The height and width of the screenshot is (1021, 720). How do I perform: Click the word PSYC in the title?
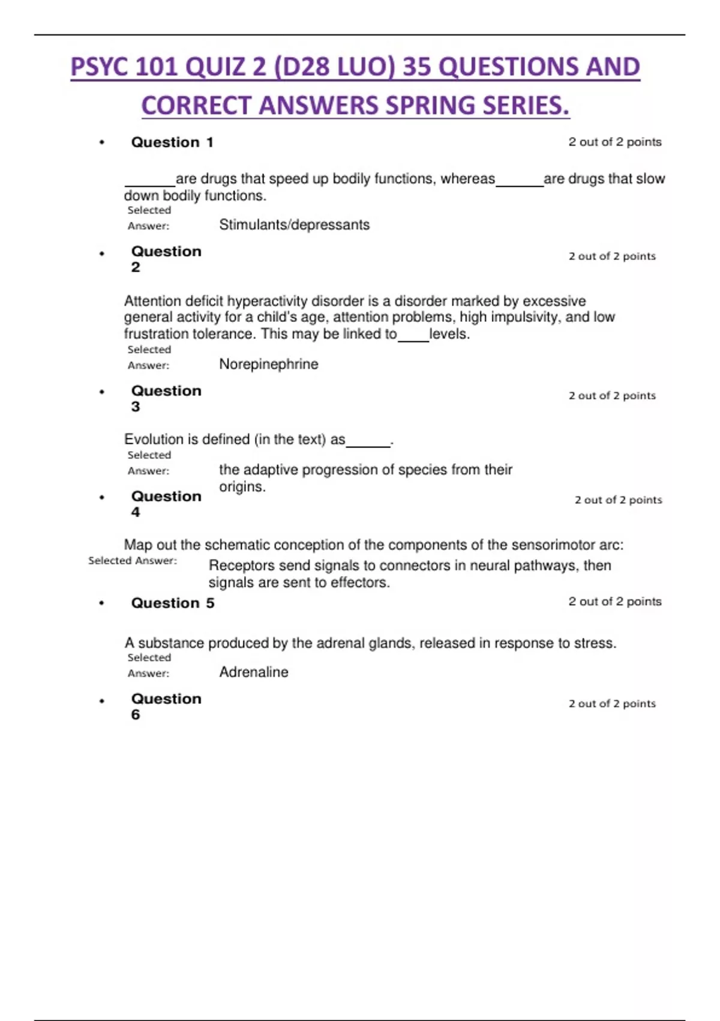tap(100, 67)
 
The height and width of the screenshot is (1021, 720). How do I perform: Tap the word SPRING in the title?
tap(430, 106)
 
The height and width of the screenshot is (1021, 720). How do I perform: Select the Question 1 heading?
tap(172, 142)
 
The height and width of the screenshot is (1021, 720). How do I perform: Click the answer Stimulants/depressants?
tap(294, 225)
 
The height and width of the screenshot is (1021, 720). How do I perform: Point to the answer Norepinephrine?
tap(268, 364)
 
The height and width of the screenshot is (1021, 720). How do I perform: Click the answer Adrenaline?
tap(253, 672)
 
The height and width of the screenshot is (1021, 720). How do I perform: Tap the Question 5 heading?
tap(172, 603)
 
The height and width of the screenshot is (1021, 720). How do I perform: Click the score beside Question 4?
tap(618, 500)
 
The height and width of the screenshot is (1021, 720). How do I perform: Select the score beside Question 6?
tap(612, 703)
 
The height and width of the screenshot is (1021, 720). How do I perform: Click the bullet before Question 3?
tap(102, 392)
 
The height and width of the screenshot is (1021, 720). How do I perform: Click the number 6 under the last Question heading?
tap(136, 715)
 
